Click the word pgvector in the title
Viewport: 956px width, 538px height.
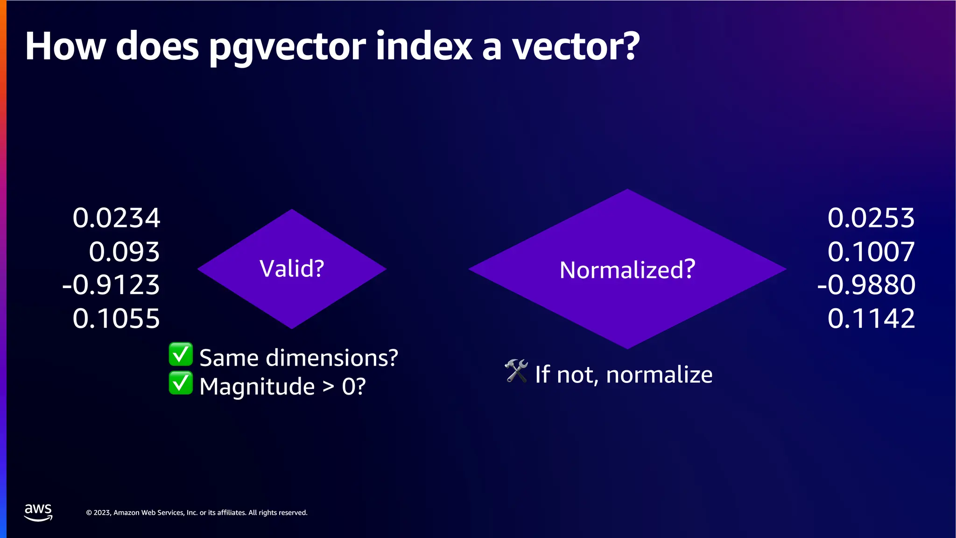click(x=287, y=48)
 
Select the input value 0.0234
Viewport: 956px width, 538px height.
click(x=116, y=218)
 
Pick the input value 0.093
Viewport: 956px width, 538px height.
click(x=124, y=252)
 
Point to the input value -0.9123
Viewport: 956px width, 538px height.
click(x=111, y=285)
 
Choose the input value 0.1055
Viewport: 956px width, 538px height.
click(x=116, y=319)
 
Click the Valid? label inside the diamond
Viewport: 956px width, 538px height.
click(x=292, y=269)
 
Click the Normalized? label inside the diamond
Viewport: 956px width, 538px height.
click(x=627, y=270)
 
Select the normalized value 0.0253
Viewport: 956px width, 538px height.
click(x=871, y=218)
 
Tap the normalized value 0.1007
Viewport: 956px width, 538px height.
click(x=871, y=252)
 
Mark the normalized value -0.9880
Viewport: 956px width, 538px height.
click(x=866, y=285)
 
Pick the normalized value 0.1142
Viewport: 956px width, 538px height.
click(x=871, y=319)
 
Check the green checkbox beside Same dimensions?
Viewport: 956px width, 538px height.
click(x=181, y=354)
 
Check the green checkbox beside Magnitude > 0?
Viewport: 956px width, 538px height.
click(x=181, y=383)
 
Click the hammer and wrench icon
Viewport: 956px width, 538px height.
click(x=516, y=371)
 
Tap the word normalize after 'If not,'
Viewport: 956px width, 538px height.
click(x=659, y=375)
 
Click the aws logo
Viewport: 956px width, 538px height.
click(x=38, y=512)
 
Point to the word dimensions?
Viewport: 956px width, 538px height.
click(x=332, y=358)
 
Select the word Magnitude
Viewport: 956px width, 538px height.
click(x=257, y=387)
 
